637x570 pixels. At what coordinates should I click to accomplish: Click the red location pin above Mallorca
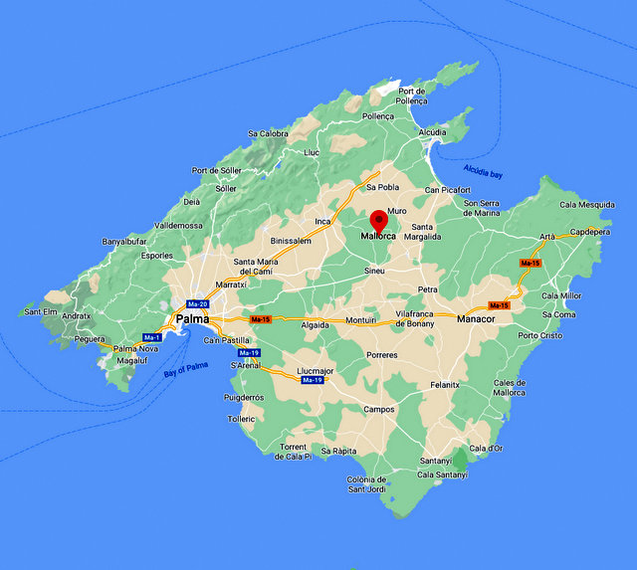(x=379, y=221)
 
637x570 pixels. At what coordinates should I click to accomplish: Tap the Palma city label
(x=192, y=319)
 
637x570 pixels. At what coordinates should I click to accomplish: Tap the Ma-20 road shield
(x=197, y=303)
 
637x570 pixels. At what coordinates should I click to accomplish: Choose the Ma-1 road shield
(x=152, y=337)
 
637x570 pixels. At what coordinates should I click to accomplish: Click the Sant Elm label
(x=41, y=312)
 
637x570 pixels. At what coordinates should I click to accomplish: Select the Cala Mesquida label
(x=587, y=205)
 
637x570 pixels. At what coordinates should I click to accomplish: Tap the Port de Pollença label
(x=412, y=95)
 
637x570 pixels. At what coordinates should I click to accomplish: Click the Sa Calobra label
(x=268, y=133)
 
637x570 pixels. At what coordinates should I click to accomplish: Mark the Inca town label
(x=322, y=221)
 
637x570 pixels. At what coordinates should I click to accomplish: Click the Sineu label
(x=374, y=271)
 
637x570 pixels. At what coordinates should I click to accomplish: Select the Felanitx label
(x=445, y=384)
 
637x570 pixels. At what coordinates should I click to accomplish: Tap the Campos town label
(x=378, y=409)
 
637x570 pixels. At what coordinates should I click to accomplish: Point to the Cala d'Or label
(x=487, y=449)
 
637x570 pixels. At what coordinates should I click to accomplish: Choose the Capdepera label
(x=589, y=232)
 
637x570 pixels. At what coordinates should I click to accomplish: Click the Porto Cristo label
(x=540, y=335)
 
